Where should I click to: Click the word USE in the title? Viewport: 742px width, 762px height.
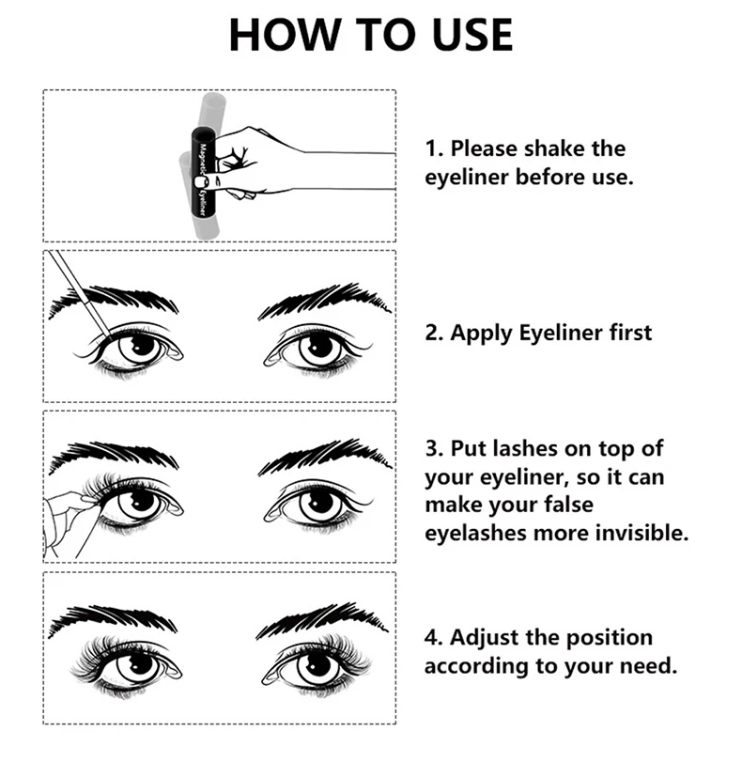coord(471,35)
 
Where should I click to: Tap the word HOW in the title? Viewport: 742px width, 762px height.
coord(284,35)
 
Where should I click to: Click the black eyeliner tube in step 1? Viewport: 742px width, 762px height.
coord(203,173)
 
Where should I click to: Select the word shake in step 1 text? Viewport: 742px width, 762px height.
coord(553,148)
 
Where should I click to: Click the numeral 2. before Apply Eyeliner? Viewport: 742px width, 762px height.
coord(434,334)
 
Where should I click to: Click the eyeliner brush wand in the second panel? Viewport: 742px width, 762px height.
coord(80,294)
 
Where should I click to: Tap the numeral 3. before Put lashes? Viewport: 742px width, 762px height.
coord(434,448)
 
